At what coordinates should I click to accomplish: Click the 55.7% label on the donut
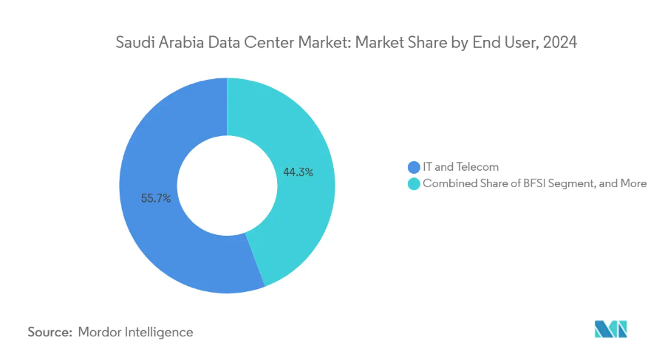pyautogui.click(x=156, y=198)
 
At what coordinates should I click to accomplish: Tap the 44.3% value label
pyautogui.click(x=299, y=172)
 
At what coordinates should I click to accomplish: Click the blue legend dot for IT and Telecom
pyautogui.click(x=414, y=167)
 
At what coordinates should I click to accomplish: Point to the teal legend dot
pyautogui.click(x=414, y=184)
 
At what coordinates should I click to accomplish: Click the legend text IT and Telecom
pyautogui.click(x=460, y=167)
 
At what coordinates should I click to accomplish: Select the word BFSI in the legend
pyautogui.click(x=534, y=183)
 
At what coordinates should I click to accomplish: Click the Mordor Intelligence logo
pyautogui.click(x=611, y=330)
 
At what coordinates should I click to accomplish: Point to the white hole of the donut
pyautogui.click(x=228, y=186)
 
